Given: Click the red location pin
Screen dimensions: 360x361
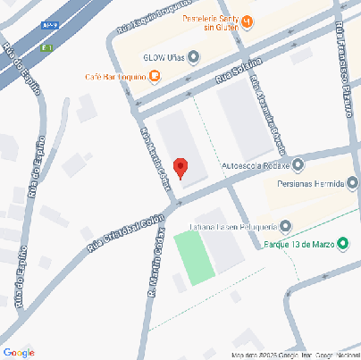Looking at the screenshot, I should tap(180, 167).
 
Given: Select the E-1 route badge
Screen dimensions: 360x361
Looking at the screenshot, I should tap(46, 47).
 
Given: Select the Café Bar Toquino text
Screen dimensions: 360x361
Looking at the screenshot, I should tap(116, 77).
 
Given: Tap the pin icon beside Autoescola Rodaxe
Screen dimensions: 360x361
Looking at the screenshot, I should tap(298, 164).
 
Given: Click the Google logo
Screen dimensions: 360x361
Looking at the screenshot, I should tap(18, 353).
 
